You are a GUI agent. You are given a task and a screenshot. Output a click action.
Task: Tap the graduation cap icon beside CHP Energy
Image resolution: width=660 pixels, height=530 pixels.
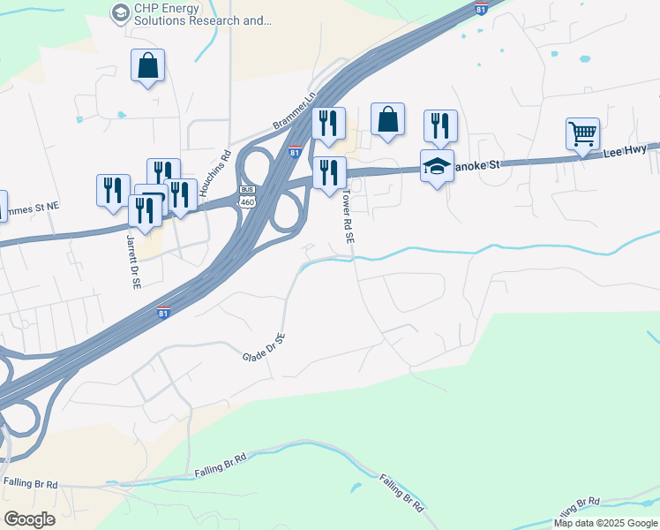(x=119, y=12)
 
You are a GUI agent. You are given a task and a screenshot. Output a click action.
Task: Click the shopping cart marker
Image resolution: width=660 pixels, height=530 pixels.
(x=582, y=134)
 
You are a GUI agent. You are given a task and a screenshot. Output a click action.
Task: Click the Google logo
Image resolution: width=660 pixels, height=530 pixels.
(x=30, y=519)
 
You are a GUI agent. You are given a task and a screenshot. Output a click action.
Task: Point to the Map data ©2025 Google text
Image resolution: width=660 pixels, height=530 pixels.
(x=606, y=523)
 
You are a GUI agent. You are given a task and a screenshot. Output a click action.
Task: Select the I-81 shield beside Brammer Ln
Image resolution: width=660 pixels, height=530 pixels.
(x=296, y=152)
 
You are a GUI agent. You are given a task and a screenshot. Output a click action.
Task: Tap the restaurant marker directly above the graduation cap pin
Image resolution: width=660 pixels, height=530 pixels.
(x=439, y=125)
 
